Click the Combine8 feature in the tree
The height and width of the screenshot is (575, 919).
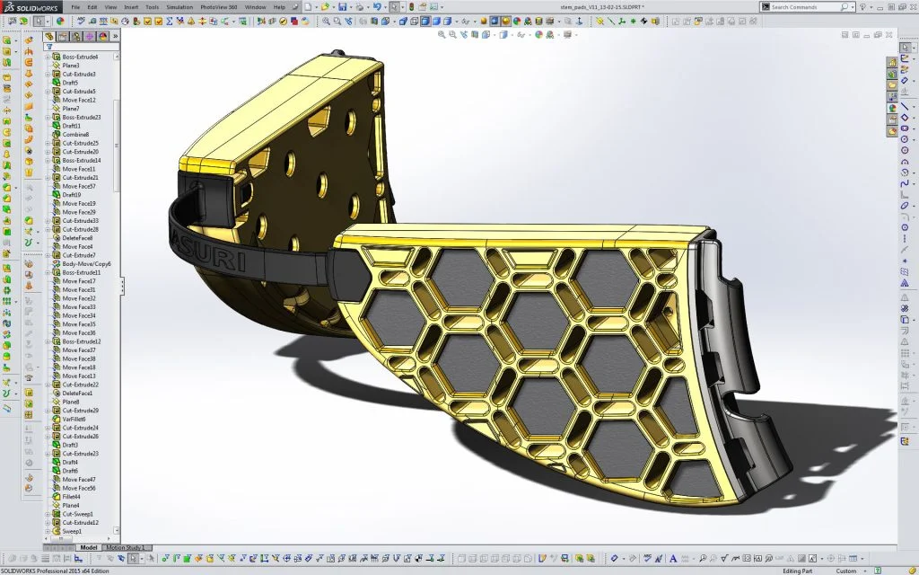[x=75, y=135]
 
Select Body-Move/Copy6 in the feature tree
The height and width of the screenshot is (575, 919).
[x=86, y=264]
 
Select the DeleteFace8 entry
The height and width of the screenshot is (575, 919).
[x=77, y=238]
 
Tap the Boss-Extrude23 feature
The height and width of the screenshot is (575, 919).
[x=81, y=117]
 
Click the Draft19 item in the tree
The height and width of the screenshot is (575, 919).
[x=72, y=195]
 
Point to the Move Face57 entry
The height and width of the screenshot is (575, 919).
[x=79, y=186]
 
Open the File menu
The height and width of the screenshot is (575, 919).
[x=76, y=7]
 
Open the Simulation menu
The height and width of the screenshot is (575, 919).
[x=179, y=7]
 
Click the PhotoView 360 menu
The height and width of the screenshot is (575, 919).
[x=220, y=7]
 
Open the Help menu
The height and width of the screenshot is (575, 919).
[x=279, y=7]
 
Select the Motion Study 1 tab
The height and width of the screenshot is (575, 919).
[x=125, y=547]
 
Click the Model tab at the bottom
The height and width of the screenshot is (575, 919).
[x=89, y=547]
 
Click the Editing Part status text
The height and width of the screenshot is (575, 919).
[x=799, y=571]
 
